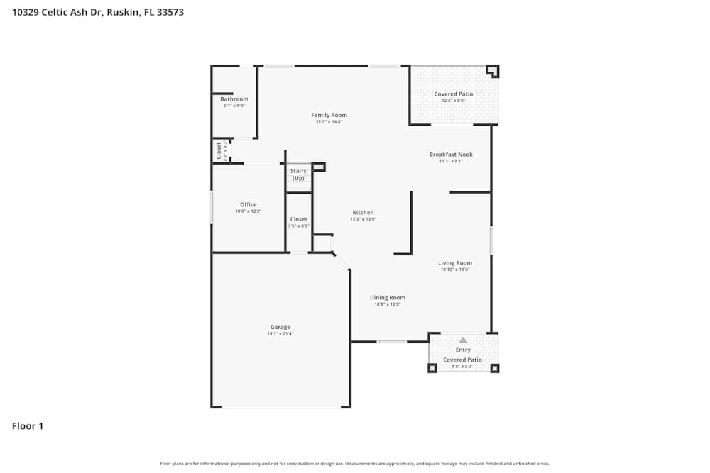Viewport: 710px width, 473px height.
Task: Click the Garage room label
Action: (280, 327)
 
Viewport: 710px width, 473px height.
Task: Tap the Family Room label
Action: (329, 115)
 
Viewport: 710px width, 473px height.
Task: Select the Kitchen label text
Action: (363, 213)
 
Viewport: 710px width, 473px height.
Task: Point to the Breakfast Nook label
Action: (451, 155)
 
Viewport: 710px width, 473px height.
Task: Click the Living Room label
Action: (454, 263)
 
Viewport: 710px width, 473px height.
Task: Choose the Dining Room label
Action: (388, 298)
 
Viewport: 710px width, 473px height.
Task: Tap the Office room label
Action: (248, 205)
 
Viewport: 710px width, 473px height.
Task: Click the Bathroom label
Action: (234, 99)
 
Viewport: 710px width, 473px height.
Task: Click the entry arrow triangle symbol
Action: (463, 340)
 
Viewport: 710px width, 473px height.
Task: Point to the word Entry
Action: (463, 350)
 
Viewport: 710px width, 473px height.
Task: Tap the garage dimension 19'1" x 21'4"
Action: (280, 333)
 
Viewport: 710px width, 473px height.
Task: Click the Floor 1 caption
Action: (28, 426)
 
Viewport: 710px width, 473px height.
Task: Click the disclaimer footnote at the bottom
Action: (355, 464)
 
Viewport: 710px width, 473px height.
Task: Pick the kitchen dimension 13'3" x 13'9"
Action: (363, 219)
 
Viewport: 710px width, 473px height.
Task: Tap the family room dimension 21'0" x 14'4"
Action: (329, 121)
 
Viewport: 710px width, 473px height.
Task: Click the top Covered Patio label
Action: (453, 94)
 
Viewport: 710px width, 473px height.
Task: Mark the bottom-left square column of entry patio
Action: (431, 368)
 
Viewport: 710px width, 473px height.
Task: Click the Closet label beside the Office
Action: (298, 220)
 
